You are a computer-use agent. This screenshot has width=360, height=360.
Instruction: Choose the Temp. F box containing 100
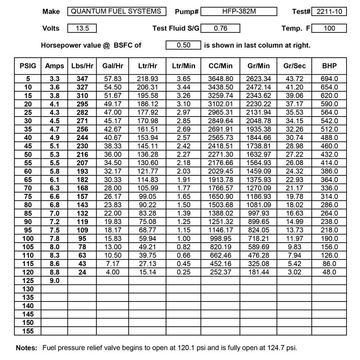coord(329,28)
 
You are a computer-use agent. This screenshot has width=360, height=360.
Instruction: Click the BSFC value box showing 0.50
coord(183,45)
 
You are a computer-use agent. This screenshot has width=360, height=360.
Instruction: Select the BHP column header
coord(329,66)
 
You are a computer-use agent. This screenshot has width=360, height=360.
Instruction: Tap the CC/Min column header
coord(220,66)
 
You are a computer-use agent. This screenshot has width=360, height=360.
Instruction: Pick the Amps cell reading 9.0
coord(54,280)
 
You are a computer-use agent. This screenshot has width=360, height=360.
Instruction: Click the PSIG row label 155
coord(27,330)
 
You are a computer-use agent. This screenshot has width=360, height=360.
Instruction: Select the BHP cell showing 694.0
coord(329,78)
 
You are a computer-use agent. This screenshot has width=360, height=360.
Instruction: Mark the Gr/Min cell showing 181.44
coord(258,272)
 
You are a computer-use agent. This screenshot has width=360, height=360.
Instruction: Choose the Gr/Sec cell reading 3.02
coord(295,272)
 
